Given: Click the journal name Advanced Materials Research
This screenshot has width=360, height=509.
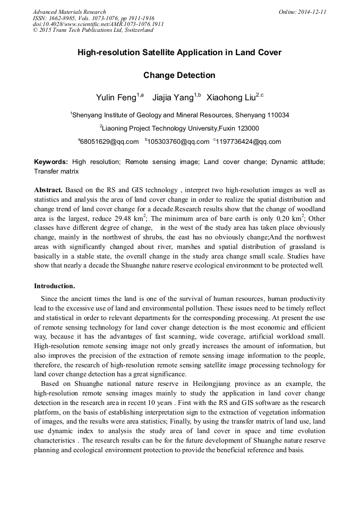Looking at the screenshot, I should [69, 12].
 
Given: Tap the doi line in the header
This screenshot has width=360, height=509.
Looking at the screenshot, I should [98, 24].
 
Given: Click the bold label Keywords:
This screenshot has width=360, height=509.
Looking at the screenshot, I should [51, 162].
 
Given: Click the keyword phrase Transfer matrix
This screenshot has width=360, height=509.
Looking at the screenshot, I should [56, 171].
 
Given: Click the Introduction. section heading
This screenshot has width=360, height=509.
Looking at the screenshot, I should [54, 287].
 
